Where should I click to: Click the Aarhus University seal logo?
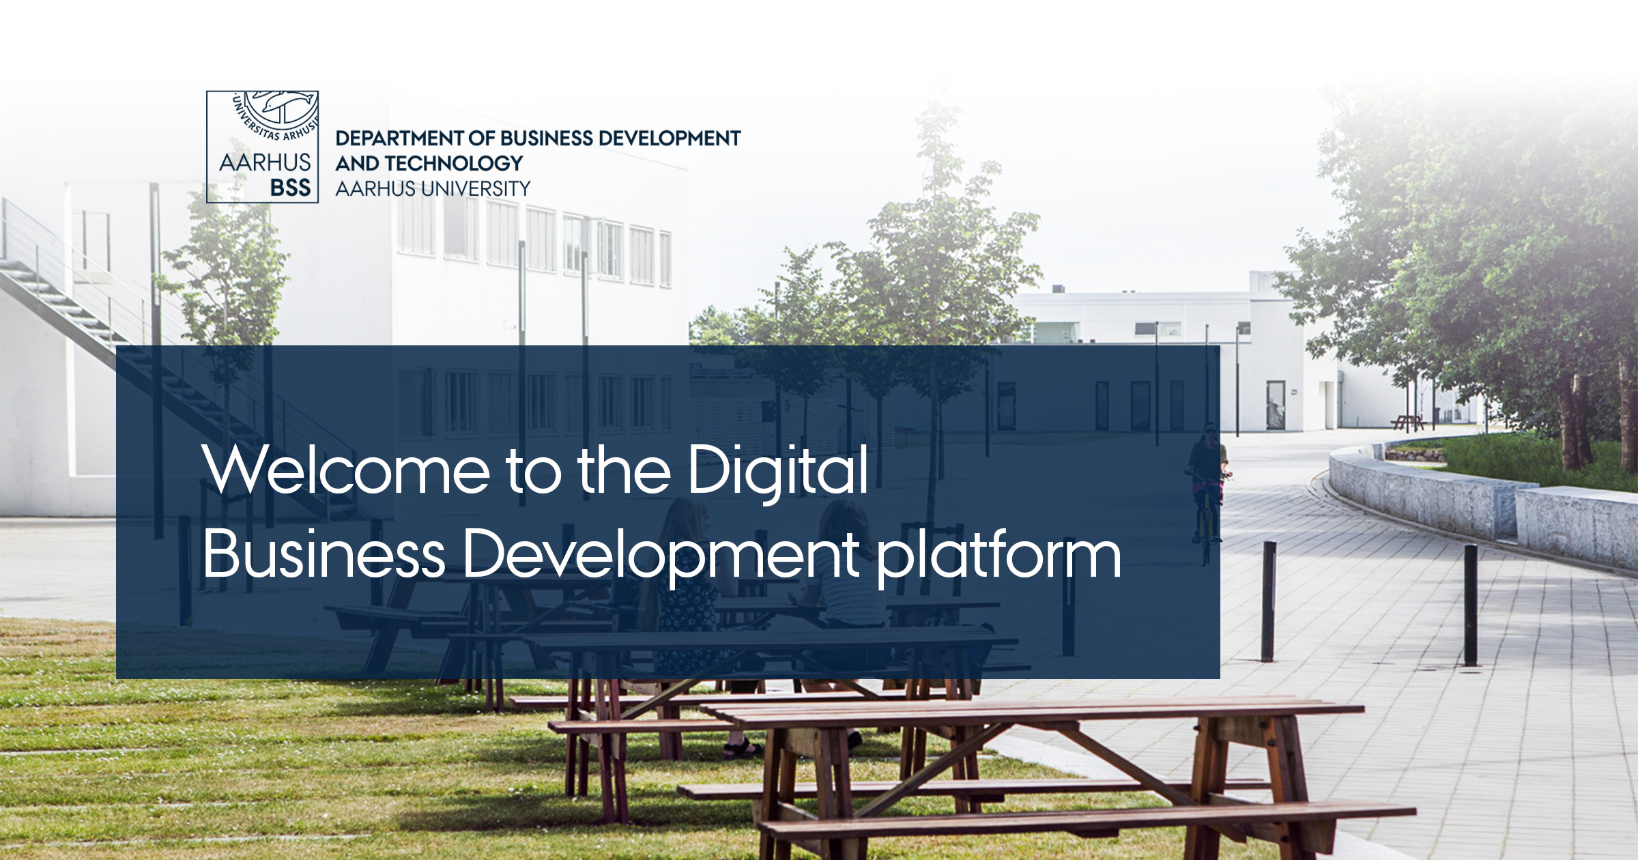262,147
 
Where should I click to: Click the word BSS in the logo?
290,188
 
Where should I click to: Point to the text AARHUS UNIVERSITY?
433,188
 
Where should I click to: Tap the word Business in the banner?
324,554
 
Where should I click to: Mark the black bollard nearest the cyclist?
1268,601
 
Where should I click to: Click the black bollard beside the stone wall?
1471,605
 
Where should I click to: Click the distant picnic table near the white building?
1407,422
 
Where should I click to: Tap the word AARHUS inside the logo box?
265,162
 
